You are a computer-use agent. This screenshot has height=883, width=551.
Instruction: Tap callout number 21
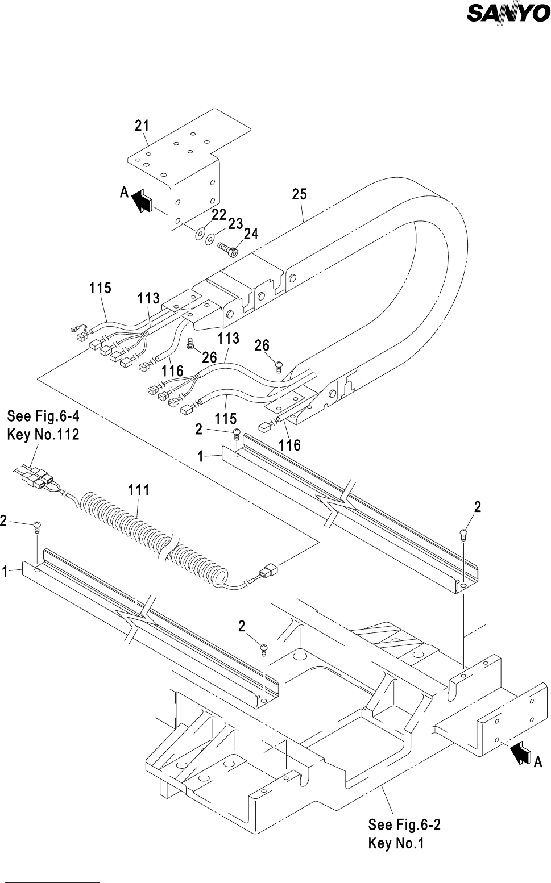(142, 126)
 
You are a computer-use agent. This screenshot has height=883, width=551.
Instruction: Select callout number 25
(299, 194)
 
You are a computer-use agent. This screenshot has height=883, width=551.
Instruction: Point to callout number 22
(219, 214)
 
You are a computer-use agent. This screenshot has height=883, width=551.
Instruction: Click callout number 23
(235, 223)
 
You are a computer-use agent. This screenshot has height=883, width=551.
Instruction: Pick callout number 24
(251, 234)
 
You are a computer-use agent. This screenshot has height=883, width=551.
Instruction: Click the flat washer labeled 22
(200, 233)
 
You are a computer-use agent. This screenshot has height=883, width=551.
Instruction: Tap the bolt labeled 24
(228, 249)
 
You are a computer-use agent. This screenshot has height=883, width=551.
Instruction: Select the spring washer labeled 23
(210, 239)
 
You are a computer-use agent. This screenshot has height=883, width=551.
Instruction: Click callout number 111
(138, 490)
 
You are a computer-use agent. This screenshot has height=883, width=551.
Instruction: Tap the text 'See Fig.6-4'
(43, 416)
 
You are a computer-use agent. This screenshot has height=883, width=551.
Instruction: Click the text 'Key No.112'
(43, 435)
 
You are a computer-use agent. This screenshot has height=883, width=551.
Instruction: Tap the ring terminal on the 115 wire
(74, 328)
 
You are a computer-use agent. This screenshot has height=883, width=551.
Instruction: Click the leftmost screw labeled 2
(37, 527)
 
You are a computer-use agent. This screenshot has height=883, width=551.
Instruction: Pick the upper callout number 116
(172, 371)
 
